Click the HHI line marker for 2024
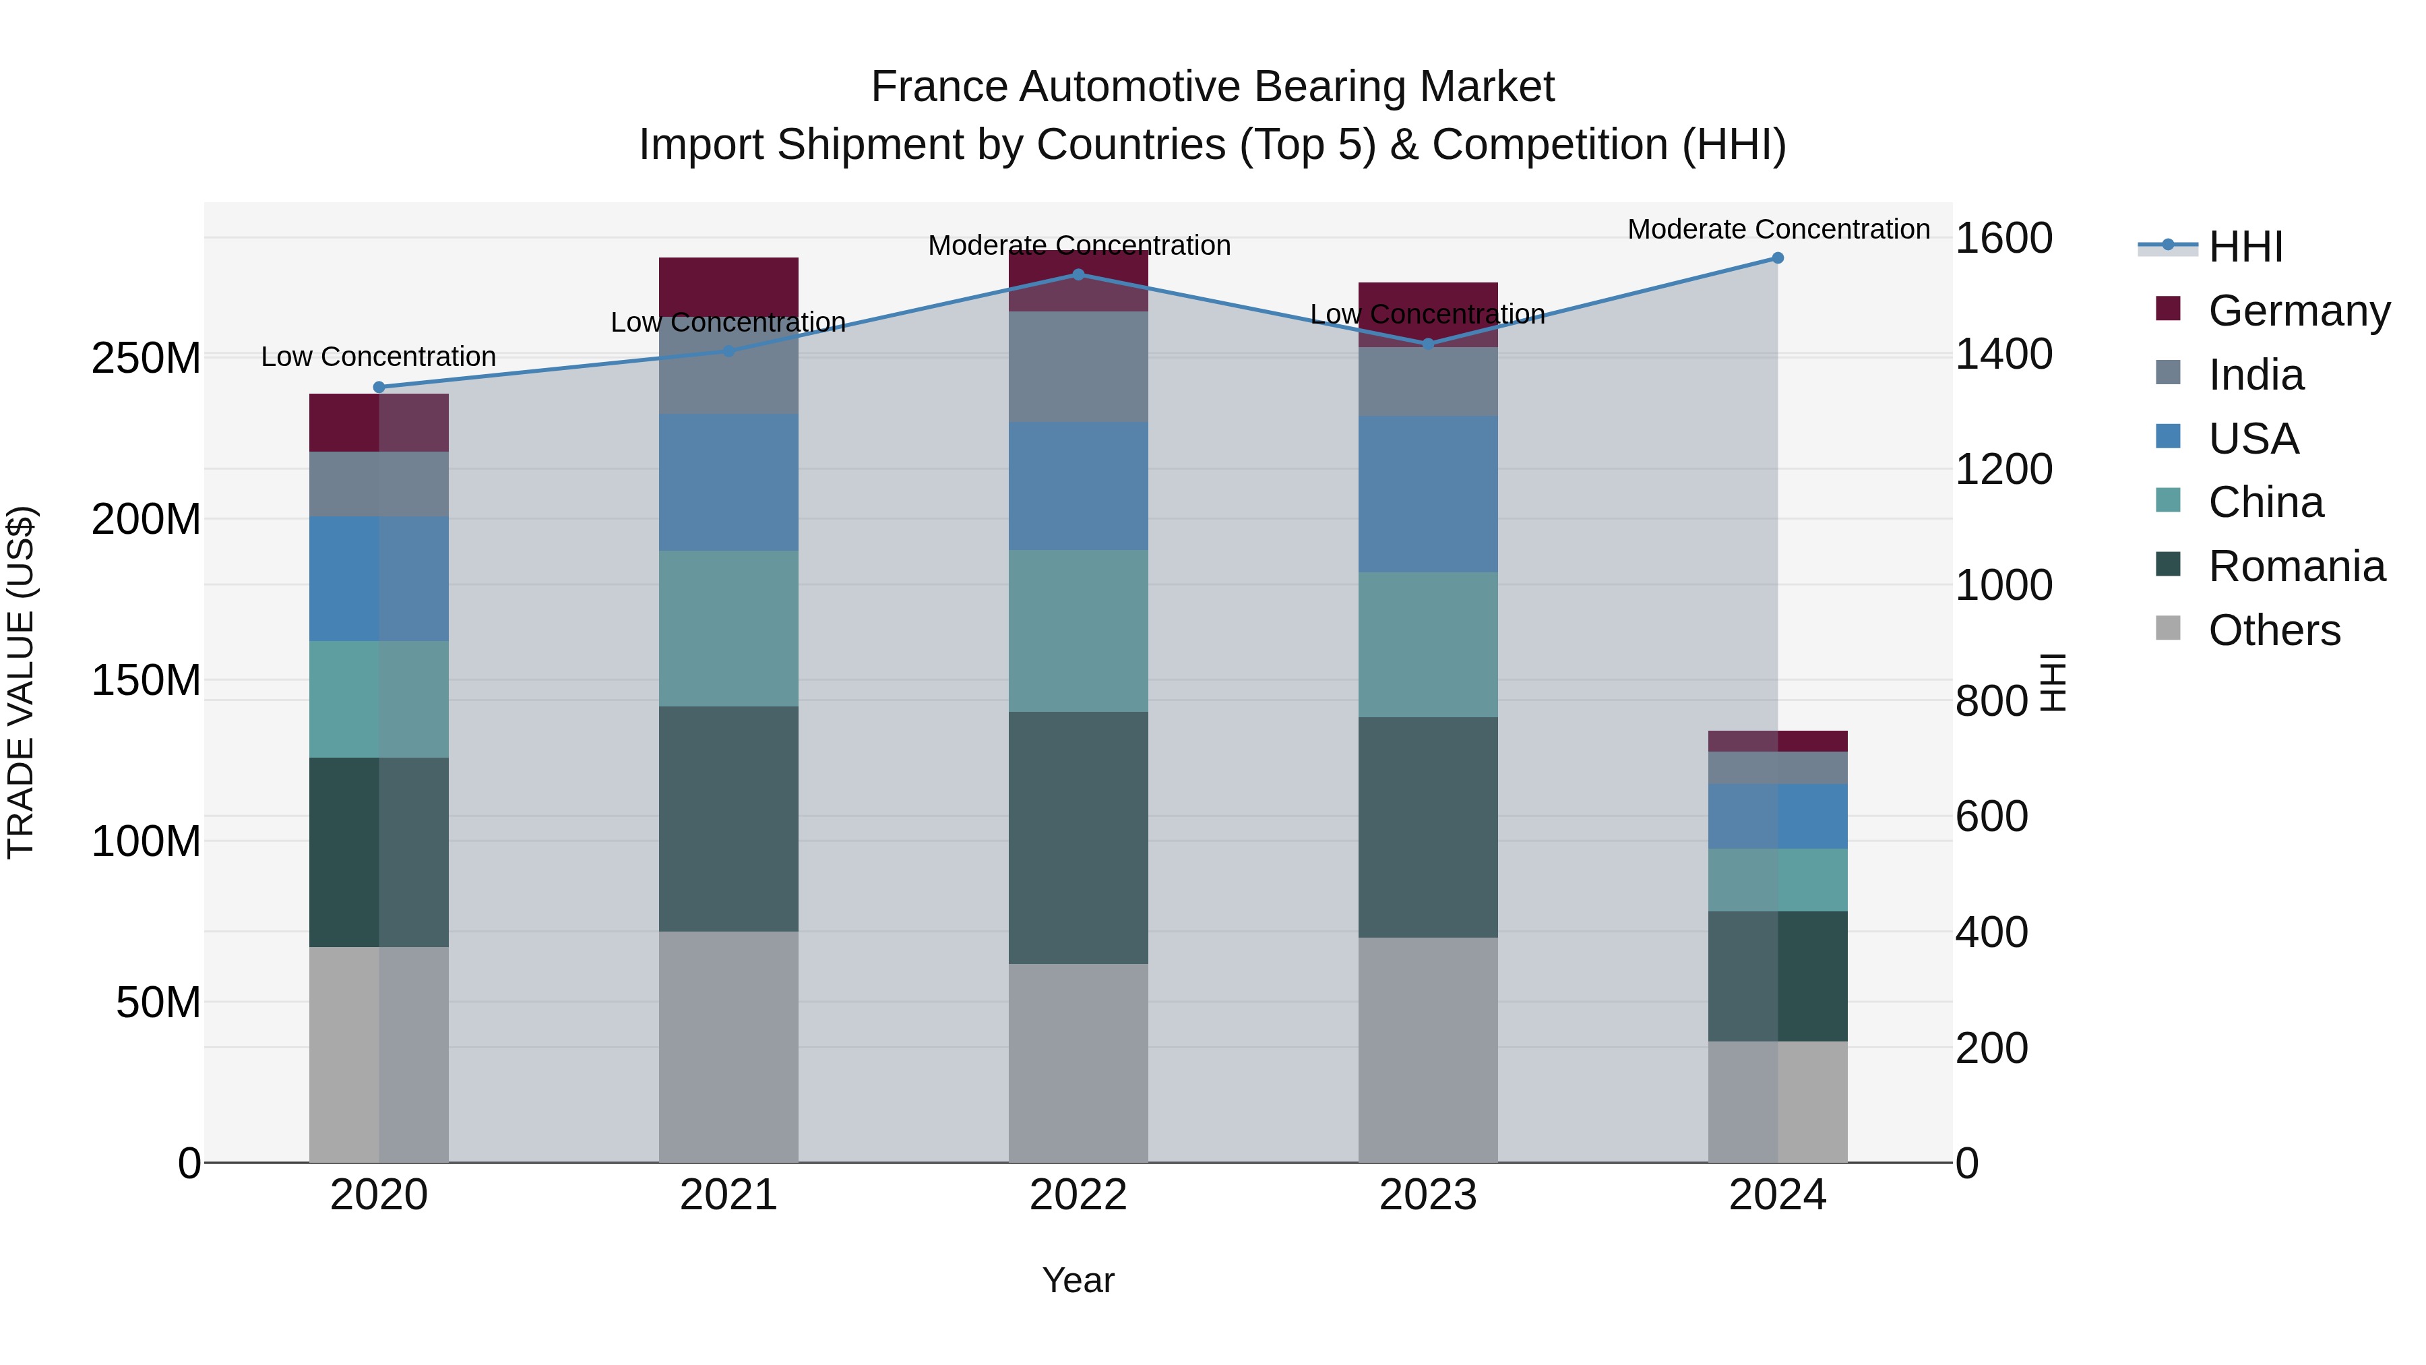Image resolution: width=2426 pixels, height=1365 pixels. click(x=1777, y=258)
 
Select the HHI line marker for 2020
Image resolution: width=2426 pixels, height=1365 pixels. click(x=379, y=387)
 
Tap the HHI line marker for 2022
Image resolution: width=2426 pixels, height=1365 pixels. click(x=1078, y=275)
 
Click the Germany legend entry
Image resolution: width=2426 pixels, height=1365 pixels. click(x=2298, y=311)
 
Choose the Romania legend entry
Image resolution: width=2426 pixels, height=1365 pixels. click(x=2296, y=567)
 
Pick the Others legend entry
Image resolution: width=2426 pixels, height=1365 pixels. click(x=2274, y=630)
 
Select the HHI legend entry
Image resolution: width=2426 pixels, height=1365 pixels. click(x=2245, y=247)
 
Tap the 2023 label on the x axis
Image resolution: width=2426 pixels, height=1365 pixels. click(x=1428, y=1195)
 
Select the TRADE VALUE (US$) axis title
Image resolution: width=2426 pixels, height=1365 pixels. click(x=21, y=682)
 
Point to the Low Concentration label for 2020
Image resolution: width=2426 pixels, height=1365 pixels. click(x=379, y=357)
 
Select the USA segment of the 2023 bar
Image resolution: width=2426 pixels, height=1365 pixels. click(x=1428, y=495)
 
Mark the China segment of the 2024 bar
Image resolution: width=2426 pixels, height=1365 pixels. click(x=1777, y=880)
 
